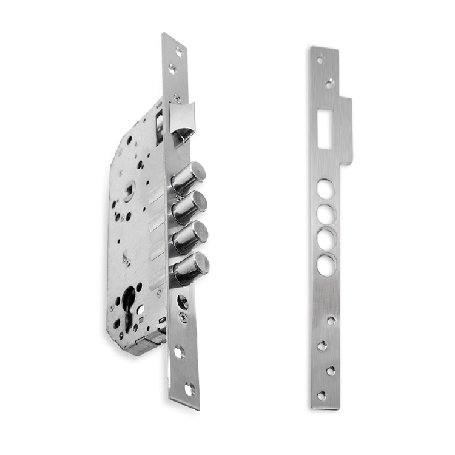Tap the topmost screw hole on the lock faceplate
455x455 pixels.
pos(178,52)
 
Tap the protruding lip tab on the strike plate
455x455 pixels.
pos(346,130)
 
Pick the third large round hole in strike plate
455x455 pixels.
pos(326,238)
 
